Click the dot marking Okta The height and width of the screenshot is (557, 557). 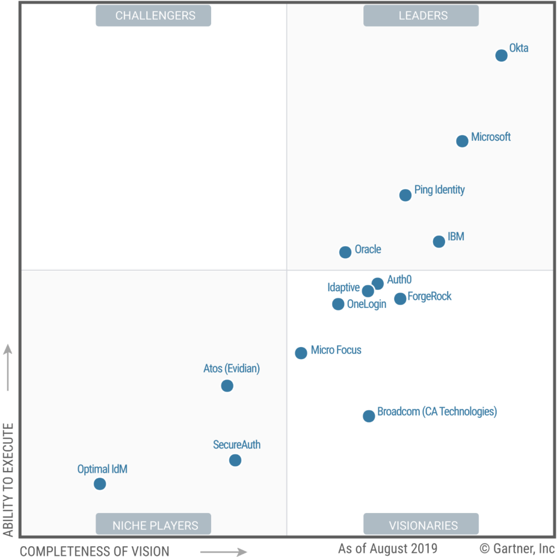click(x=501, y=55)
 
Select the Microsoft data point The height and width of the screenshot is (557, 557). click(x=462, y=141)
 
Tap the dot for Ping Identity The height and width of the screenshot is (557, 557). click(x=405, y=195)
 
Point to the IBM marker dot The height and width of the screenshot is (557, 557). click(x=439, y=242)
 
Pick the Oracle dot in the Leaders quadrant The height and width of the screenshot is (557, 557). click(x=345, y=252)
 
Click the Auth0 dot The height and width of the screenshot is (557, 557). click(x=377, y=283)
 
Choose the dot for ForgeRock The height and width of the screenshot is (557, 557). click(x=400, y=299)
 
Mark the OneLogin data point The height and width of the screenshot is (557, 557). click(x=338, y=304)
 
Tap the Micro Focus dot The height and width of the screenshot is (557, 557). click(x=301, y=353)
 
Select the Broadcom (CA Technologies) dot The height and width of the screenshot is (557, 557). click(x=369, y=416)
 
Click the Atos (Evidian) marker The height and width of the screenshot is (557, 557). click(x=227, y=386)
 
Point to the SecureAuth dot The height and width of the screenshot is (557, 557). click(x=235, y=460)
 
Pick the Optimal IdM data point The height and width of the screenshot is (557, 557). click(x=100, y=484)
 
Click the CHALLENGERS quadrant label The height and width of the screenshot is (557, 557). click(x=153, y=16)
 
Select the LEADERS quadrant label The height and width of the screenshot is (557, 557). click(x=421, y=16)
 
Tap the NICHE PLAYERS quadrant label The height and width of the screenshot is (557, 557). click(x=153, y=525)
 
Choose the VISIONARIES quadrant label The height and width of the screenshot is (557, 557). click(x=421, y=525)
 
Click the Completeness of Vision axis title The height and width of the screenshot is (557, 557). click(x=95, y=550)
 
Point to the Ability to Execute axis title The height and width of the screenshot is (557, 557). click(x=8, y=480)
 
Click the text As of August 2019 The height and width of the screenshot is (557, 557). click(x=387, y=548)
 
